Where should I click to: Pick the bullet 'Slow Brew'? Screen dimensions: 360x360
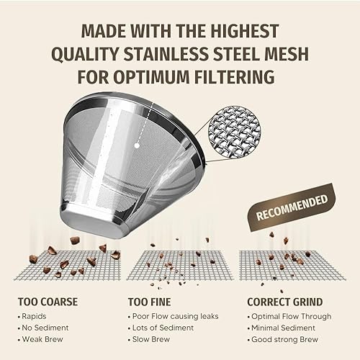[152, 339]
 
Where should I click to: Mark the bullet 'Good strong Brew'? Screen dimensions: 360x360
[285, 339]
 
